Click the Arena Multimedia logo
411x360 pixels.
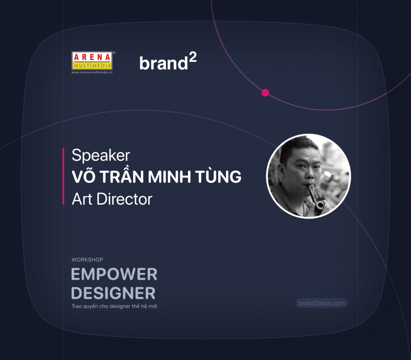pyautogui.click(x=92, y=63)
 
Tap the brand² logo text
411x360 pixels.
pyautogui.click(x=168, y=62)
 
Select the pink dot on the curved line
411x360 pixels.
pyautogui.click(x=265, y=93)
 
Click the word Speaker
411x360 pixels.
pyautogui.click(x=101, y=155)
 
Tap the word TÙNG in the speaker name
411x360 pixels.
pyautogui.click(x=218, y=176)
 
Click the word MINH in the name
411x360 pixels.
pyautogui.click(x=169, y=177)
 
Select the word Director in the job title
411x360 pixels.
pyautogui.click(x=125, y=199)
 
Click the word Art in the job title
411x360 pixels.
pyautogui.click(x=82, y=199)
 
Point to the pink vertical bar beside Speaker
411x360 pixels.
pyautogui.click(x=63, y=176)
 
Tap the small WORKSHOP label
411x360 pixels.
pyautogui.click(x=87, y=259)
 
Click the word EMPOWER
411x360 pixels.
pyautogui.click(x=114, y=274)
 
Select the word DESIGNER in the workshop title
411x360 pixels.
pyautogui.click(x=114, y=293)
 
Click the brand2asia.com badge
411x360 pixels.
pyautogui.click(x=322, y=303)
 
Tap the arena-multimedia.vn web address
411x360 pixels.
pyautogui.click(x=92, y=72)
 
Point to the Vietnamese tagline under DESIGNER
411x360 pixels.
pyautogui.click(x=115, y=306)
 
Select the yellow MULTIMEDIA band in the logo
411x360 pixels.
pyautogui.click(x=92, y=66)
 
